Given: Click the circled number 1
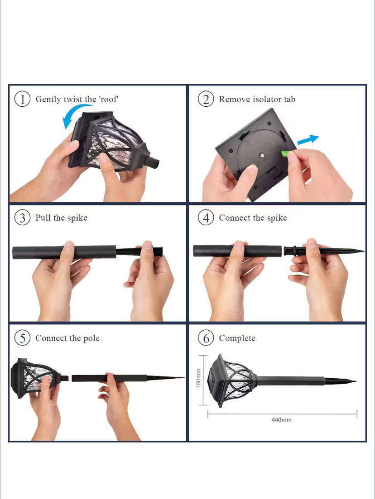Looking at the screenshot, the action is [22, 99].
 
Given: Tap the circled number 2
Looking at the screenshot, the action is [206, 99].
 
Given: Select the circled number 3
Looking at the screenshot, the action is [22, 218].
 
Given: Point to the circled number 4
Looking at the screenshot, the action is [206, 218].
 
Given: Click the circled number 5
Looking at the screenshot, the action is [22, 337].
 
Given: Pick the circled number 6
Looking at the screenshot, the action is [206, 337].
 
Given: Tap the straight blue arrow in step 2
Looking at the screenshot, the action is [308, 139].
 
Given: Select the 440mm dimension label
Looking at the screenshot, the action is [281, 420].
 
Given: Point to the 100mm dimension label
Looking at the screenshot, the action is [198, 378].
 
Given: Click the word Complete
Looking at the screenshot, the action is [237, 338].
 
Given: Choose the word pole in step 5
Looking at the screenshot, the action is [91, 338].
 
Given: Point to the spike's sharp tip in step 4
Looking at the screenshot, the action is [363, 252].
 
